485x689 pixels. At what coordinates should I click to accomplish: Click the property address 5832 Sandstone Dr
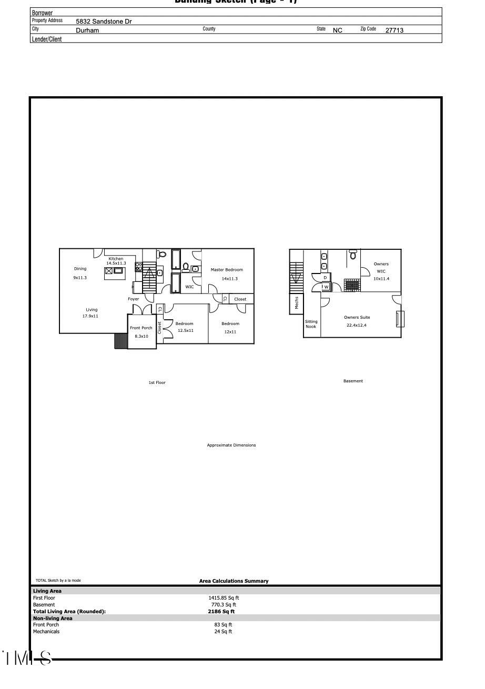click(104, 22)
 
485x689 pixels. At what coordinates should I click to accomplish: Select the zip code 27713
click(394, 31)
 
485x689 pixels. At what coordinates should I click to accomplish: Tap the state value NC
click(337, 31)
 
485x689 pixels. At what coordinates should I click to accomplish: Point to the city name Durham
click(87, 31)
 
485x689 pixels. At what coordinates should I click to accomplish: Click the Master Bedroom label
click(227, 270)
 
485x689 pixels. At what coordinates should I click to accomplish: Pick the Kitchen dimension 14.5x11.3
click(116, 263)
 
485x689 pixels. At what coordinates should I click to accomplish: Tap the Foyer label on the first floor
click(134, 299)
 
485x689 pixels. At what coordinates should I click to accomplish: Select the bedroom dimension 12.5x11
click(185, 331)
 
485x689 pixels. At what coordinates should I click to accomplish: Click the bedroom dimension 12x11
click(230, 332)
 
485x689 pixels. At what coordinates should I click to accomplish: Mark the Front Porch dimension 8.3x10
click(142, 336)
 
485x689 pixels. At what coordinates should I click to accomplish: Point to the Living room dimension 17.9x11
click(90, 316)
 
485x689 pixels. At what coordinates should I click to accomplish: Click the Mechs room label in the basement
click(297, 303)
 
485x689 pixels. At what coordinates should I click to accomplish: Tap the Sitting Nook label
click(311, 324)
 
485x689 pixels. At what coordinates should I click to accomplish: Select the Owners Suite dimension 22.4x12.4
click(356, 325)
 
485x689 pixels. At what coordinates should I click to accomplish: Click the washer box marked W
click(326, 287)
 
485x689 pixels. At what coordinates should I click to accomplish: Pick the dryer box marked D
click(325, 277)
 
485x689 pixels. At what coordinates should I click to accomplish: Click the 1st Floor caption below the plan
click(157, 382)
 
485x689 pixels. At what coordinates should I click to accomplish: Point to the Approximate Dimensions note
click(231, 445)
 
